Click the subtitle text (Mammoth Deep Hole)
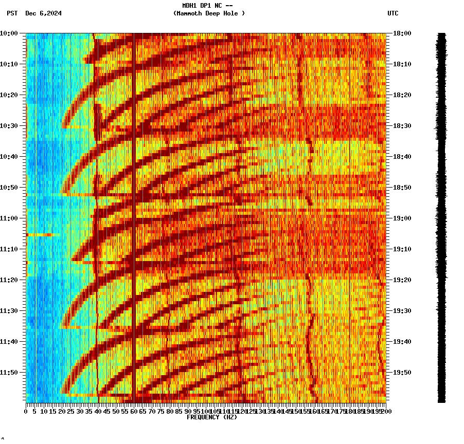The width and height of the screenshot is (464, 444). point(209,13)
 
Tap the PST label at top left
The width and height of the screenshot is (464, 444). point(12,13)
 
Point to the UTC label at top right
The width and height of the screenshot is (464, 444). point(392,13)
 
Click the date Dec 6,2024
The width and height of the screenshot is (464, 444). point(43,13)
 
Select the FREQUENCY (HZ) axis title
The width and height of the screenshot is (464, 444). point(211,417)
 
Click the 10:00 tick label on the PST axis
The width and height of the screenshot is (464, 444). point(9,33)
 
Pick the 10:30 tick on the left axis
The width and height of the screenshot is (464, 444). point(9,126)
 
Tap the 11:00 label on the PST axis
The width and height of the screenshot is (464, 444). point(9,218)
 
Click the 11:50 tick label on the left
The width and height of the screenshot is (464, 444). point(9,373)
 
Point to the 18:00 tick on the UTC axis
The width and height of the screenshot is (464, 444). point(402,33)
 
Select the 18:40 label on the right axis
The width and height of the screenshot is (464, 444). point(402,157)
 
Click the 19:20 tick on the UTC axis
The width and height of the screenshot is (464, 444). point(402,280)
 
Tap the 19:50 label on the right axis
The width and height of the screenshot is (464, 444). point(402,373)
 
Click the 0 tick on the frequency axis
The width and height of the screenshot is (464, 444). point(26,411)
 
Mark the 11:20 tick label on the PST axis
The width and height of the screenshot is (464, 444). point(9,280)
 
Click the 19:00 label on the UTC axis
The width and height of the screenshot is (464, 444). point(402,218)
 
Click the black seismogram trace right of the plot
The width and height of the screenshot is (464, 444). point(441,216)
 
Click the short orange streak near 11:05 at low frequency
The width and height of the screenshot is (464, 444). point(40,234)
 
